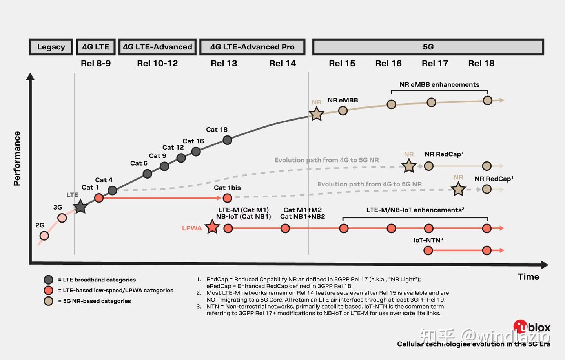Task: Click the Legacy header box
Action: coord(51,47)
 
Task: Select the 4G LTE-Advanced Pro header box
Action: coord(252,47)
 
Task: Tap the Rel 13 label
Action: coord(224,64)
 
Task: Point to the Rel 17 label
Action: coord(435,64)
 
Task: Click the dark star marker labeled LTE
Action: coord(80,206)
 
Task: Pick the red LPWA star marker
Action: coord(212,227)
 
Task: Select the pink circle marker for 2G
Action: coord(44,236)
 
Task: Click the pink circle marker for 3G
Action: coord(62,218)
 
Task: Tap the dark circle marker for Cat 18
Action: coord(227,140)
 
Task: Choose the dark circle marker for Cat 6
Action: coord(148,174)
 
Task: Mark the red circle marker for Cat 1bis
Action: coord(227,198)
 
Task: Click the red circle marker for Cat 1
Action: coord(99,198)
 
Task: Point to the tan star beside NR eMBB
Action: coord(316,114)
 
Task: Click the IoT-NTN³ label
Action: coord(428,240)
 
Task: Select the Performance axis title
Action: coord(17,158)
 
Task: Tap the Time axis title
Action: coord(528,277)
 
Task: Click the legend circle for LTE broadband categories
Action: coord(49,280)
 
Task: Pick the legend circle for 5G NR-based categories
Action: coord(49,301)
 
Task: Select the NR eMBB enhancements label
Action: coord(439,85)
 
